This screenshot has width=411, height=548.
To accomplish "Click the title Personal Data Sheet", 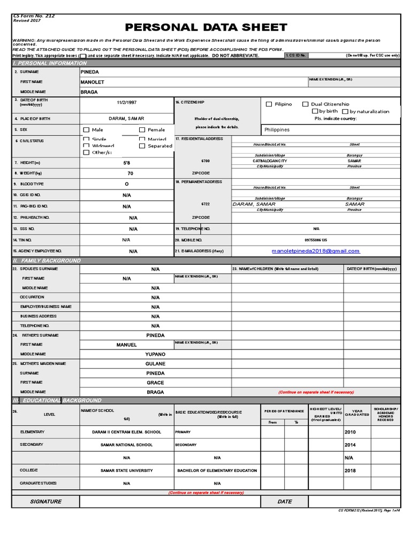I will point(206,27).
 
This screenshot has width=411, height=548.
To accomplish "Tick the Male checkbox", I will point(86,130).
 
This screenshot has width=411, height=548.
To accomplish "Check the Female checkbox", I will point(142,130).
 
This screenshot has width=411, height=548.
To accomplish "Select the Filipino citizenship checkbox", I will point(269,104).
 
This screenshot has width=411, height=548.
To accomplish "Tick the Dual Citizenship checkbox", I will point(306,104).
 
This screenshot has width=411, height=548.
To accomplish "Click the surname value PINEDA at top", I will point(89,72).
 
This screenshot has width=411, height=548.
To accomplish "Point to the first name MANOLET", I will point(92,82).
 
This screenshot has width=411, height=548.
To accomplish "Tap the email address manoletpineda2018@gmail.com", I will point(316,250).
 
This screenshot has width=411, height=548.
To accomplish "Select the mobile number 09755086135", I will point(316,240).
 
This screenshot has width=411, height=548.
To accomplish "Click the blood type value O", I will point(126,184).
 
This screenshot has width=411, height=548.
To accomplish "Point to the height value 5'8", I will point(126,162).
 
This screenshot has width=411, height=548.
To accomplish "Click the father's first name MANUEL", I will point(126,345).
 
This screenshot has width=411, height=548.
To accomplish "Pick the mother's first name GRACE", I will point(155,383).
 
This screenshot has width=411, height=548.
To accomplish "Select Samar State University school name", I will point(126,470).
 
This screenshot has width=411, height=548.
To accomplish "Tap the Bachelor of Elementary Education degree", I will point(217,470).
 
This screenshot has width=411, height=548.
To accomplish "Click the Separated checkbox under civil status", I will point(142,146).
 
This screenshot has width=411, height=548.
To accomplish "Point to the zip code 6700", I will point(205,161).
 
